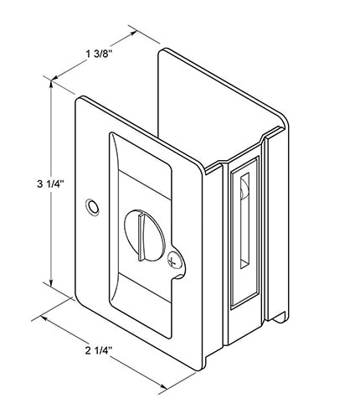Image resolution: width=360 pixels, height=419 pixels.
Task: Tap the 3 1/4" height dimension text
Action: (51, 184)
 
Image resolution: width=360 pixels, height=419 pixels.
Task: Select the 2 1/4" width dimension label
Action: (99, 350)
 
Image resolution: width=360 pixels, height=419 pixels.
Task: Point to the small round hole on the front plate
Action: (92, 207)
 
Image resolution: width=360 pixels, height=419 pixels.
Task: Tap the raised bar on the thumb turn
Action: (142, 237)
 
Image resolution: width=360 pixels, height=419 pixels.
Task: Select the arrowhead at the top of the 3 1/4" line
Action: (51, 85)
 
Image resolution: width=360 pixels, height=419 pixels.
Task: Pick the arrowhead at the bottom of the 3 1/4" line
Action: (51, 282)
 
